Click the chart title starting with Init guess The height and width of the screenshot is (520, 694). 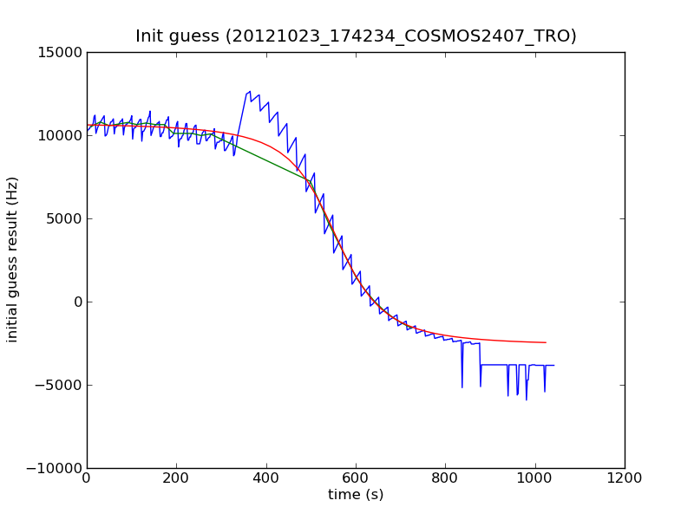pyautogui.click(x=356, y=36)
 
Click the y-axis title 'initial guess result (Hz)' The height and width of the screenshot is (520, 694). pyautogui.click(x=13, y=260)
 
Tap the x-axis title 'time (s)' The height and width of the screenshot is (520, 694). pyautogui.click(x=356, y=495)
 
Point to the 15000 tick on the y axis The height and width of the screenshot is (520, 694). pyautogui.click(x=60, y=52)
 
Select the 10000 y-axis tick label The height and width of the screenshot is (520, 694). pyautogui.click(x=60, y=135)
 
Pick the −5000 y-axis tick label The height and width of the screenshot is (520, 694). pyautogui.click(x=58, y=385)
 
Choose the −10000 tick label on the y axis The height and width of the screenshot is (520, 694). pyautogui.click(x=54, y=468)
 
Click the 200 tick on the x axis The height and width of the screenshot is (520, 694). pyautogui.click(x=176, y=478)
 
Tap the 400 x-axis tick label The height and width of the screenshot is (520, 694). pyautogui.click(x=266, y=478)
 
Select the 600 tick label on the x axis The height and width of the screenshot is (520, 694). pyautogui.click(x=356, y=478)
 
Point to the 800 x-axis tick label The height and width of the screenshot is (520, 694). pyautogui.click(x=445, y=478)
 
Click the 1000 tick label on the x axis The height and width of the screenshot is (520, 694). pyautogui.click(x=535, y=478)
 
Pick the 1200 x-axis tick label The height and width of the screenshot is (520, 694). pyautogui.click(x=625, y=478)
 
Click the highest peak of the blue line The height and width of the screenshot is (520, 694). pyautogui.click(x=250, y=91)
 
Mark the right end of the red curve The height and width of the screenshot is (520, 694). pyautogui.click(x=546, y=342)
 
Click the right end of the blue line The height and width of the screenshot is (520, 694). pyautogui.click(x=554, y=365)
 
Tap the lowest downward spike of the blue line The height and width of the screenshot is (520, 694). pyautogui.click(x=526, y=400)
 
